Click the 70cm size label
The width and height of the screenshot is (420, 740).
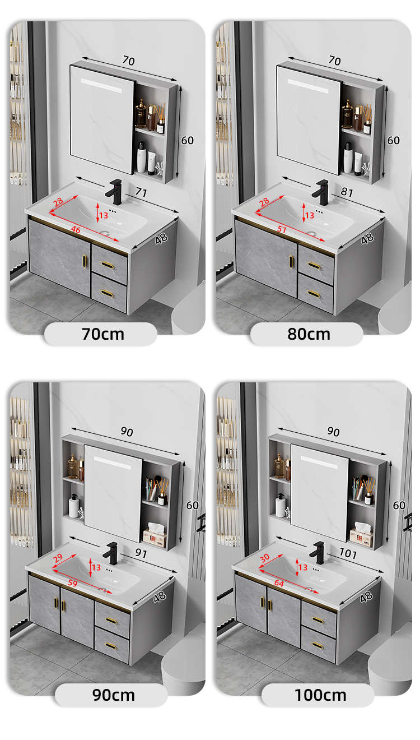(103, 334)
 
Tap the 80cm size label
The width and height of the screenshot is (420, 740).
(309, 334)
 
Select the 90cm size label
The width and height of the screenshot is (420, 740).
(114, 695)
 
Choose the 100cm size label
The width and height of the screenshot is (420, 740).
(320, 695)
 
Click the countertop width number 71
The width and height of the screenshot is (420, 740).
(141, 192)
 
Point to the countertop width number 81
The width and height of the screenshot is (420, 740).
(347, 192)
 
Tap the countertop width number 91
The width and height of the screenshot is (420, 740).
(141, 553)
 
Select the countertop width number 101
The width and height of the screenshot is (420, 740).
(348, 553)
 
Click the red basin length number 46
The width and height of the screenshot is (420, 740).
(76, 230)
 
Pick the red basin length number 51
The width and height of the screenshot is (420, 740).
(282, 229)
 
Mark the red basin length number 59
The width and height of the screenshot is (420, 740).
(73, 583)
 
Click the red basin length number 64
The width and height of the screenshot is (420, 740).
(279, 584)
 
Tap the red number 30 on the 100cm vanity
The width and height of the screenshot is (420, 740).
(265, 558)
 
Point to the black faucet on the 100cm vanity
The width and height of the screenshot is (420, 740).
(317, 553)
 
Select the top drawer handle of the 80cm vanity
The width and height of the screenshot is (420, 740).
(314, 265)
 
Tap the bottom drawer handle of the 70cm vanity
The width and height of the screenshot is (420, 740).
(107, 293)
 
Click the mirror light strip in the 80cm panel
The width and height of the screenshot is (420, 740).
(308, 86)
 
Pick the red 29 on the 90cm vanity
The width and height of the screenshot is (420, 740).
(58, 558)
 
